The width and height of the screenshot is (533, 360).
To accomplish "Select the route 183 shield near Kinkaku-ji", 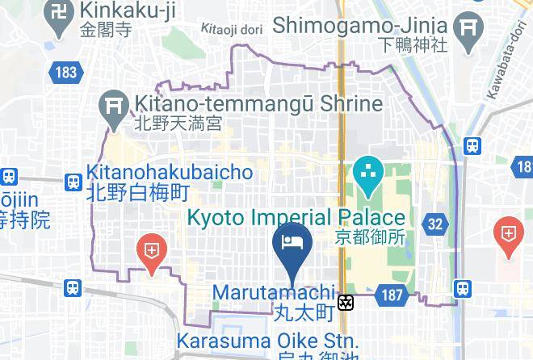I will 66,73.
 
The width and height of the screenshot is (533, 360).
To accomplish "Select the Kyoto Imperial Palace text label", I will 296,218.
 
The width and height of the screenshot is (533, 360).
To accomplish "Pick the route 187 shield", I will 392,296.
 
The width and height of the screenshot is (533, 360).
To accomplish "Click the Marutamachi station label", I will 275,291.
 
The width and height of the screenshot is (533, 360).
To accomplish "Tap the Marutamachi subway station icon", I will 346,303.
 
